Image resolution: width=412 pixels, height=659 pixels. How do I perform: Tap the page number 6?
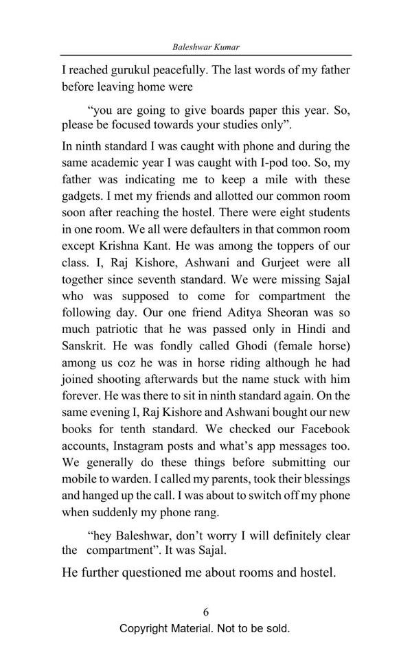(x=205, y=612)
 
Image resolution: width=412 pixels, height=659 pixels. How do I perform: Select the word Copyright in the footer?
(x=146, y=629)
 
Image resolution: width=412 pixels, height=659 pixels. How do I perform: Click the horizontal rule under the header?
(x=205, y=55)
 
